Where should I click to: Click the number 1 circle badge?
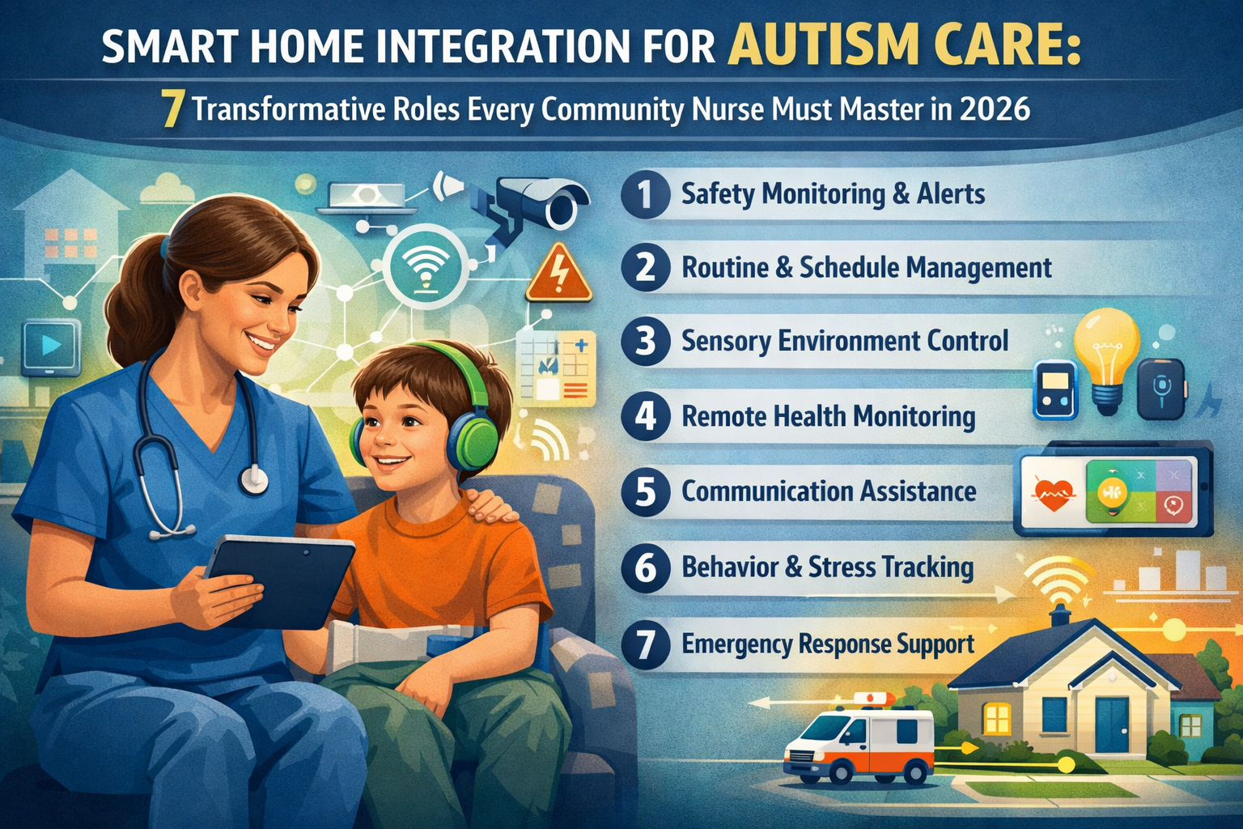645,194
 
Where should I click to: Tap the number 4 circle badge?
645,416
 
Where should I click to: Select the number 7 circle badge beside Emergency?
645,644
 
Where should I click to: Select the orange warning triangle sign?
558,274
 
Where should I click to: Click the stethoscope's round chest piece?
254,479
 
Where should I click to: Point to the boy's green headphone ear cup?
477,442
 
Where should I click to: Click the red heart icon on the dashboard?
1053,493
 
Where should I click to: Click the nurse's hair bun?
129,312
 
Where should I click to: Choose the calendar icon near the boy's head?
556,368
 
